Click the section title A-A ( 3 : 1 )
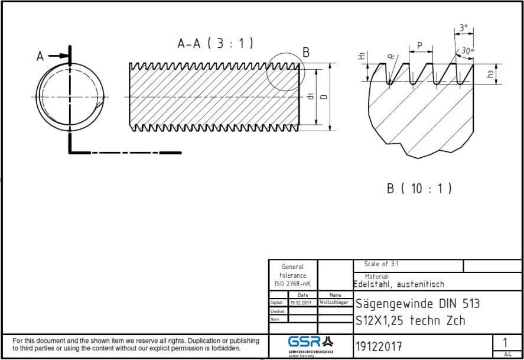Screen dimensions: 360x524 tap(215, 43)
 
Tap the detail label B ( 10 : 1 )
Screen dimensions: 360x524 tap(419, 189)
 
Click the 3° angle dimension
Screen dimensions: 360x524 tap(463, 28)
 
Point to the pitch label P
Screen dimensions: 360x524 tap(419, 45)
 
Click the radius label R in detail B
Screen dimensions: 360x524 tap(390, 56)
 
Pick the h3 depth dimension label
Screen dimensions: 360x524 tap(490, 74)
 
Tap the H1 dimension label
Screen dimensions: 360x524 tap(361, 57)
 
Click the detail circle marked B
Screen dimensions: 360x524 tap(285, 72)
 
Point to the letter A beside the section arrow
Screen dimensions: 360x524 tap(40, 56)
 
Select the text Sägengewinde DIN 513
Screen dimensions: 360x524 tap(417, 304)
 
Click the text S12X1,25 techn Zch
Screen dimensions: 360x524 tap(410, 321)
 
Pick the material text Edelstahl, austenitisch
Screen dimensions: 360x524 tap(399, 284)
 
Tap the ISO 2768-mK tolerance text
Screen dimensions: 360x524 tap(292, 284)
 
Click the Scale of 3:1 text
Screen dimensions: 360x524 tap(382, 264)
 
